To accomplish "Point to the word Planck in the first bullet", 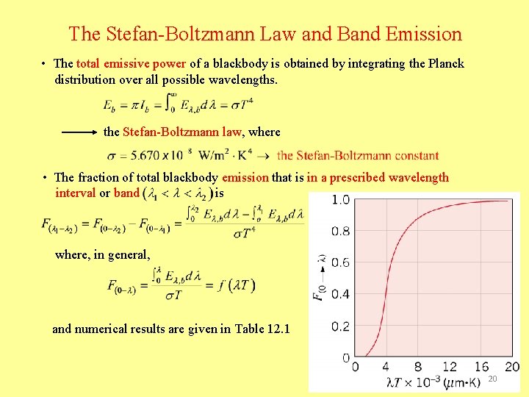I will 447,63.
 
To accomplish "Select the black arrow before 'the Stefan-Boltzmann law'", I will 79,132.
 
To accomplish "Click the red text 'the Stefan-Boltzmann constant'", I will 358,156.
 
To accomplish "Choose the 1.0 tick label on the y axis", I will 339,200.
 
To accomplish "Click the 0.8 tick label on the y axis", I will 339,232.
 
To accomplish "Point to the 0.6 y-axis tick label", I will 339,263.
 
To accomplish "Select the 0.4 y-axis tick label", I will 339,295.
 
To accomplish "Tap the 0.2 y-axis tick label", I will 339,326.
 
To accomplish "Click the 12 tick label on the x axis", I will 450,367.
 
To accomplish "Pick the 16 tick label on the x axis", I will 481,367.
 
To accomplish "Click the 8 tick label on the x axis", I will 418,367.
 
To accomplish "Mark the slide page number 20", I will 492,378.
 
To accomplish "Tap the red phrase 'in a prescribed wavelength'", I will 378,177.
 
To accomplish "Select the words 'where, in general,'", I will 103,255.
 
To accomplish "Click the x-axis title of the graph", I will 426,382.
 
